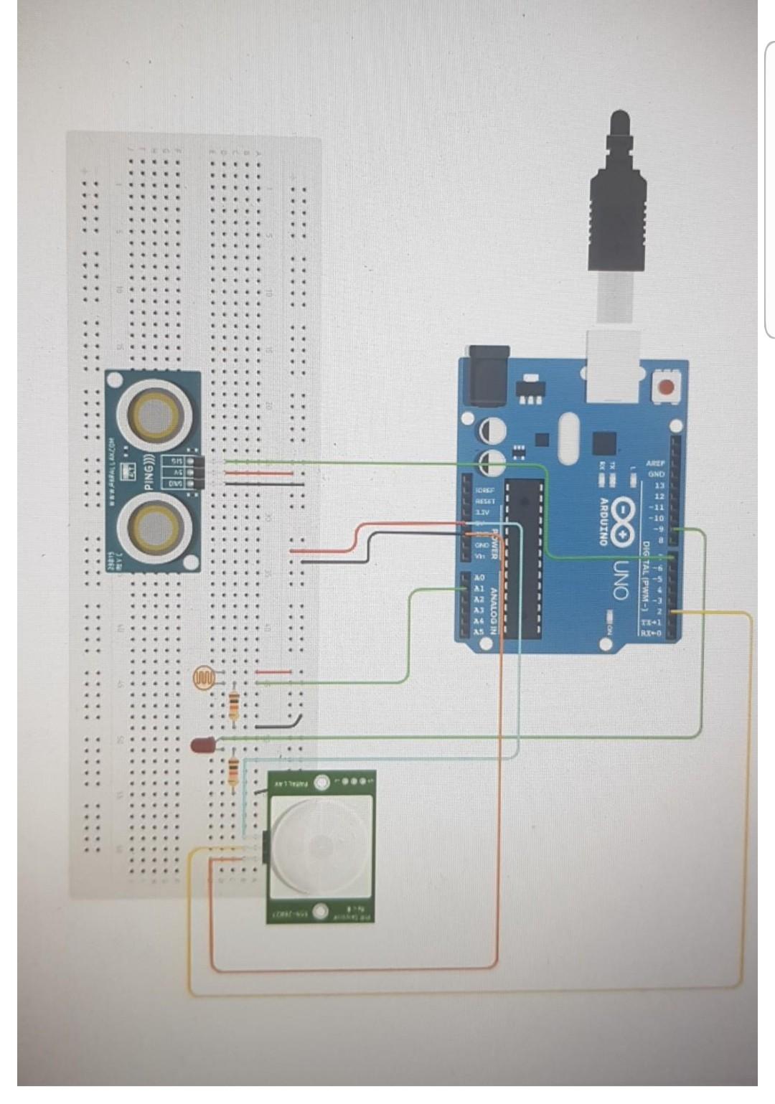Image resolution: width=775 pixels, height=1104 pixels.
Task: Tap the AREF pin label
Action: tap(655, 463)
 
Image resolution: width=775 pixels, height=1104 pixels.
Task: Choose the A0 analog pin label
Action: tap(480, 577)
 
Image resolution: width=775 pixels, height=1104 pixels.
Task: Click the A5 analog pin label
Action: tap(479, 632)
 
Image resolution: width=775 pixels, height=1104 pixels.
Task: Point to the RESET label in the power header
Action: tap(485, 501)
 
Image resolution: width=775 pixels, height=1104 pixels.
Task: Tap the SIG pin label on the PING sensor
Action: tap(177, 461)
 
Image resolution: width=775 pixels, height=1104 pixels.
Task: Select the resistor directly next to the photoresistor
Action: tap(234, 706)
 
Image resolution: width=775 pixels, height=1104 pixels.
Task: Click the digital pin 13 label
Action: tap(659, 486)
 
